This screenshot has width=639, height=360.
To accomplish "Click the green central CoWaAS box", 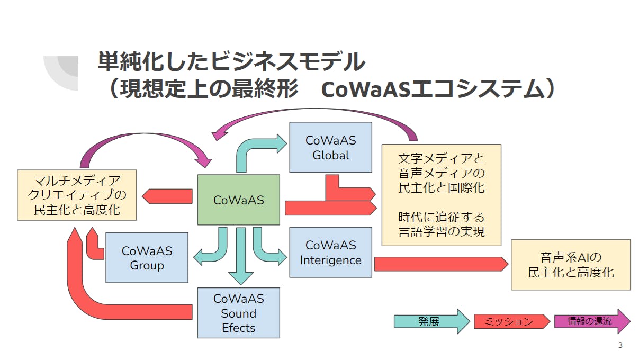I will tap(238, 200).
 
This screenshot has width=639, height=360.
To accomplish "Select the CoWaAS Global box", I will tap(330, 148).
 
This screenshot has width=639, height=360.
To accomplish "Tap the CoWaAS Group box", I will tap(147, 257).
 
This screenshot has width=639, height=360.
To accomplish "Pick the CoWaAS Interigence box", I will tap(330, 253).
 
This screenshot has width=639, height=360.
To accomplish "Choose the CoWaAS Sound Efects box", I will tap(238, 313).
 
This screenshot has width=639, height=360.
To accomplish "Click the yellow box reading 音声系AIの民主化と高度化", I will tap(570, 265).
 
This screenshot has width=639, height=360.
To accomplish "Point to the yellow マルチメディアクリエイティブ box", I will tap(77, 195).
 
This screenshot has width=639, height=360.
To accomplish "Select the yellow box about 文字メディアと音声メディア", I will tap(441, 195).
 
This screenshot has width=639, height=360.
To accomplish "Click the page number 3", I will tap(620, 346).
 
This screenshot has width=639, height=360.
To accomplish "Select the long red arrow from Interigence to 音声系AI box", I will tap(439, 263).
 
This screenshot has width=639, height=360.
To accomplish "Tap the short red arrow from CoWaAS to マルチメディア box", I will tap(167, 196).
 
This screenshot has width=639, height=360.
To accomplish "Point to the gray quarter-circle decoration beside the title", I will tap(62, 71).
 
